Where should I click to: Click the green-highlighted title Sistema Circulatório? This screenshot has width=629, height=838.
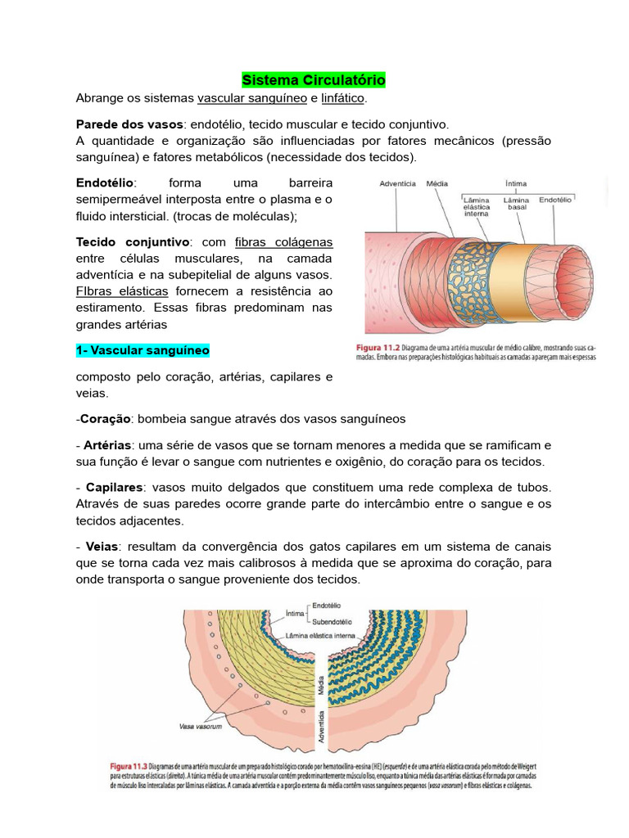coord(314,80)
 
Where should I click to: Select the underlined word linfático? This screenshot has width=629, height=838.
coord(343,99)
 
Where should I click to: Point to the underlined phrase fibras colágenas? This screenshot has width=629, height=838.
coord(283,243)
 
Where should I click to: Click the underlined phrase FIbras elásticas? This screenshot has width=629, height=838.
coord(122,291)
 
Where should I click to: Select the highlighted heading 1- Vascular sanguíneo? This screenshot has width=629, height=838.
coord(143,350)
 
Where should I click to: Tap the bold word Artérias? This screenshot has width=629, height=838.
coord(108,445)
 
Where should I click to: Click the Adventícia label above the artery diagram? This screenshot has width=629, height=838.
coord(398,185)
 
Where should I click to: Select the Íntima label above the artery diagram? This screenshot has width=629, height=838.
coord(515,184)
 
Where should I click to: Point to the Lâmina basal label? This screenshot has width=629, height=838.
coord(515,204)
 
